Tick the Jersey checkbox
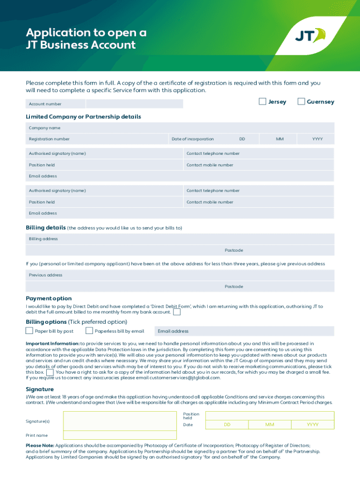263,102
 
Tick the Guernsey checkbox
301,102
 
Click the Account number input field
135,104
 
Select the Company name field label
44,128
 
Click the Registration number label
49,139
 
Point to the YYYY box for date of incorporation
317,139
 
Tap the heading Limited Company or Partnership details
83,116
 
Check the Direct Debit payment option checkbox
177,312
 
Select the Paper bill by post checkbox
29,331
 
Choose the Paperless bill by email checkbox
89,331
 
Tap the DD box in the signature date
227,425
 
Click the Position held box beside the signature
270,415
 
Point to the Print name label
36,435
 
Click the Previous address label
45,275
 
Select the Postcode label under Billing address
234,250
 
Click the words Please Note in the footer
40,446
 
